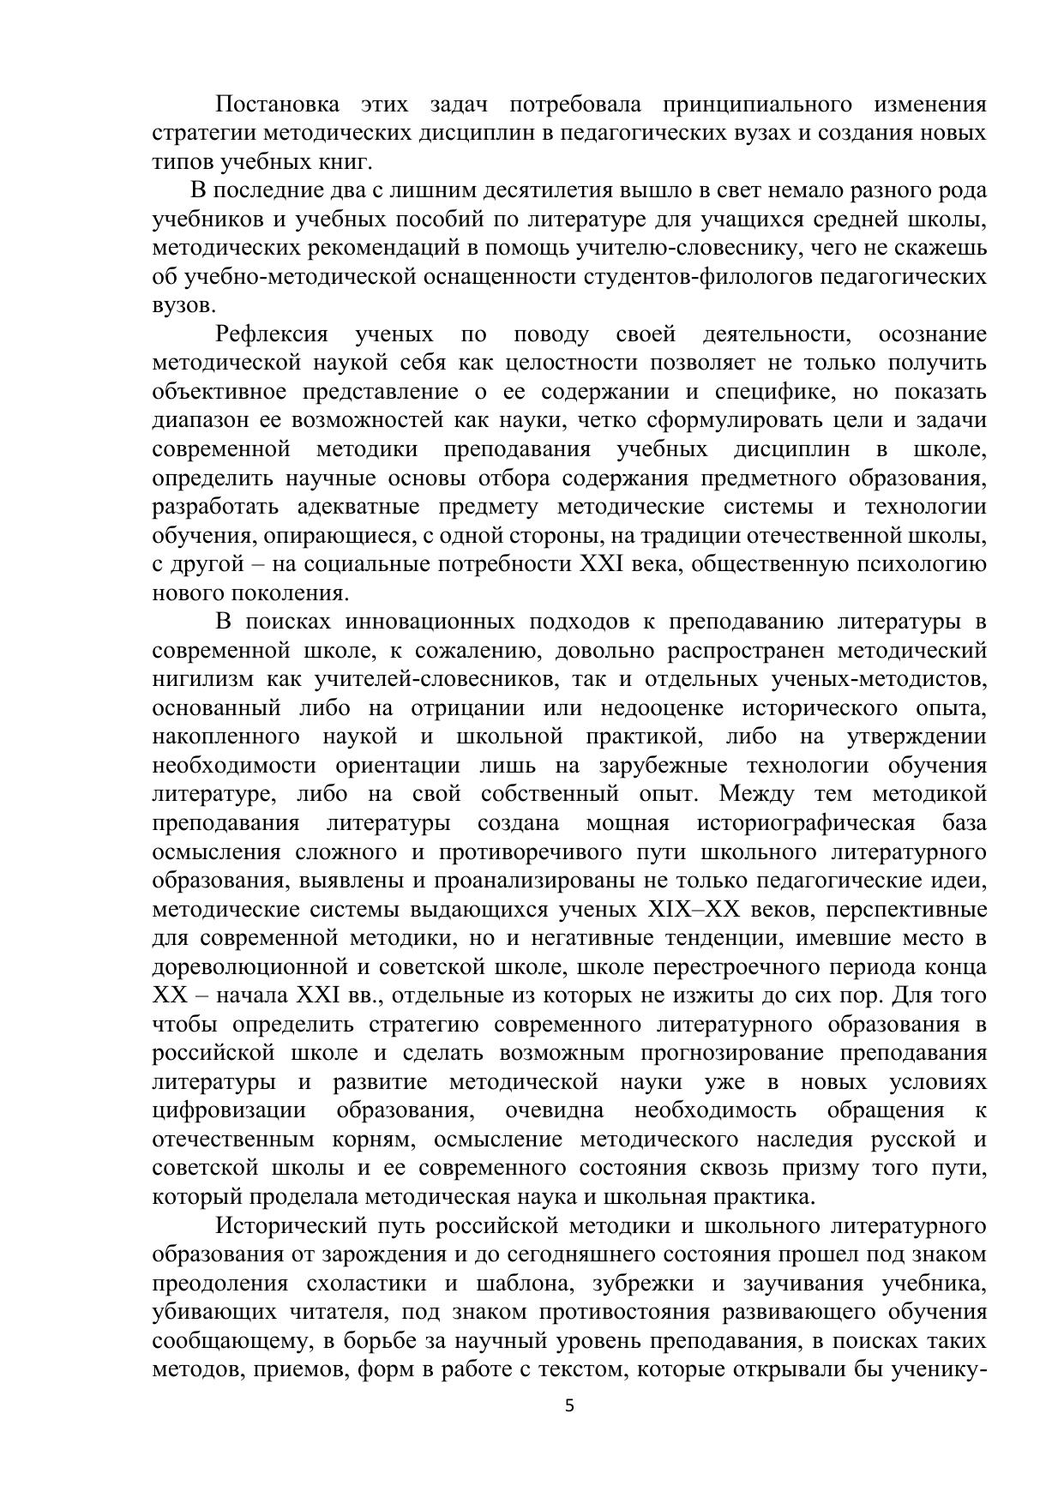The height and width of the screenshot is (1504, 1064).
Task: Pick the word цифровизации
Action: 229,1110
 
